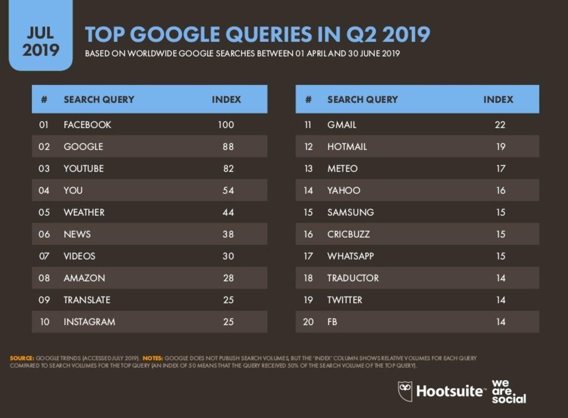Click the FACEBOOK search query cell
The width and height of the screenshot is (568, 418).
click(x=88, y=125)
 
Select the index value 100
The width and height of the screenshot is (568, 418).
click(x=226, y=125)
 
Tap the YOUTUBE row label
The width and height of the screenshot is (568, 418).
click(x=84, y=169)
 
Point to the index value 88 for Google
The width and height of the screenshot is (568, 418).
click(x=229, y=147)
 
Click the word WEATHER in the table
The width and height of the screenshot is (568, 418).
click(x=84, y=212)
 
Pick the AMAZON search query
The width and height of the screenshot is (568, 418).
click(x=84, y=278)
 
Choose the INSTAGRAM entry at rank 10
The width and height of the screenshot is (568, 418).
click(x=89, y=322)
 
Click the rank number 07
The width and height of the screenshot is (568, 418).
click(x=44, y=256)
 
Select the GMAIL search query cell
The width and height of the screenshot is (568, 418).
click(x=342, y=125)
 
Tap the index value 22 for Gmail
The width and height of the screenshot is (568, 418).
click(x=500, y=125)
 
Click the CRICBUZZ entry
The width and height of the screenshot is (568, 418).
click(x=348, y=235)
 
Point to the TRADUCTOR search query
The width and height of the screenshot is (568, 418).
click(x=353, y=278)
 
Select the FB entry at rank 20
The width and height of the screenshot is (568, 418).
click(x=332, y=322)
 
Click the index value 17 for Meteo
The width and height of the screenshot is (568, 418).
click(x=501, y=169)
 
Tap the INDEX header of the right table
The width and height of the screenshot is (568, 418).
click(x=498, y=100)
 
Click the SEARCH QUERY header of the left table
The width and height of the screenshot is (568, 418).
click(x=99, y=100)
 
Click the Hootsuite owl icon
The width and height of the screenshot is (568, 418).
click(x=405, y=392)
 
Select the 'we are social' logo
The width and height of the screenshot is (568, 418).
click(x=508, y=392)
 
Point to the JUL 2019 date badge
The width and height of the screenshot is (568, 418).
click(x=41, y=42)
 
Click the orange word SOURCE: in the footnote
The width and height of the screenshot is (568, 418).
click(x=22, y=358)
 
